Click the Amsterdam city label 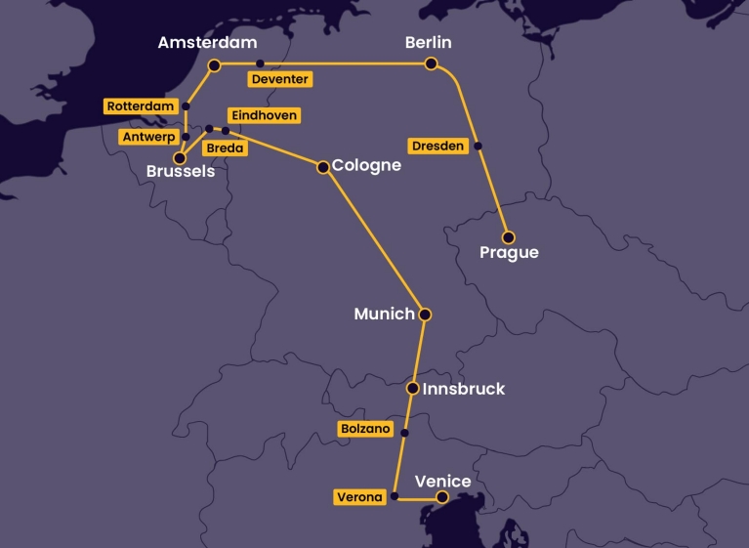pyautogui.click(x=207, y=43)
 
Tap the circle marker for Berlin pyautogui.click(x=431, y=63)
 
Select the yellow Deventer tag pyautogui.click(x=279, y=79)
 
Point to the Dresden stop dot pyautogui.click(x=479, y=147)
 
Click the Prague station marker pyautogui.click(x=508, y=237)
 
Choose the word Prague pyautogui.click(x=509, y=254)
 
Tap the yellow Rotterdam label pyautogui.click(x=141, y=106)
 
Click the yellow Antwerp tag pyautogui.click(x=148, y=138)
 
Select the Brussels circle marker pyautogui.click(x=179, y=157)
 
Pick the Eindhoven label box pyautogui.click(x=263, y=115)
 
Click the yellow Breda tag pyautogui.click(x=225, y=148)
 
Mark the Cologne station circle pyautogui.click(x=322, y=167)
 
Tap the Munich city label pyautogui.click(x=384, y=315)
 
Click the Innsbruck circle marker pyautogui.click(x=412, y=389)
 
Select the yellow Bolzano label pyautogui.click(x=365, y=429)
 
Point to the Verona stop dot pyautogui.click(x=395, y=497)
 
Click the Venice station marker pyautogui.click(x=442, y=497)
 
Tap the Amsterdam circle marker pyautogui.click(x=214, y=64)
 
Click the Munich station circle pyautogui.click(x=424, y=315)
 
